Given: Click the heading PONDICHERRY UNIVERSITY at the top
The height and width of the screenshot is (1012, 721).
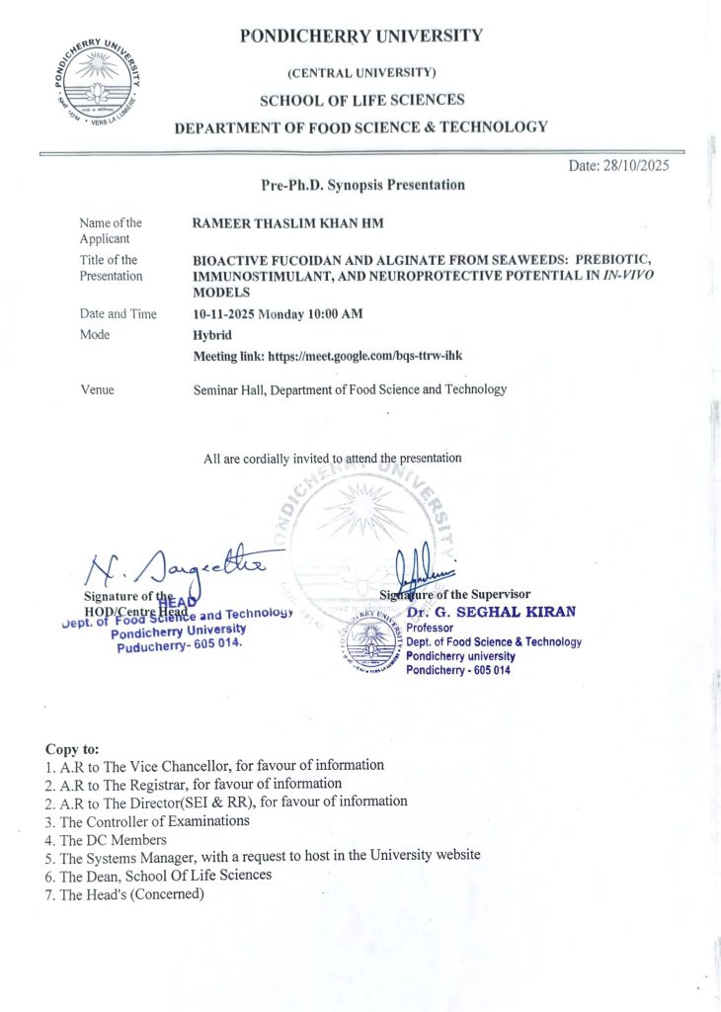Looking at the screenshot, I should coord(360,37).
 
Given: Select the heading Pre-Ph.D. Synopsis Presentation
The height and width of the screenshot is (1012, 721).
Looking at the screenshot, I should coord(359,185).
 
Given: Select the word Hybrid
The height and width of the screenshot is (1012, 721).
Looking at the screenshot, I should coord(211,335).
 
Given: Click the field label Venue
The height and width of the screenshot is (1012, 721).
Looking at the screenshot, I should coord(97,389).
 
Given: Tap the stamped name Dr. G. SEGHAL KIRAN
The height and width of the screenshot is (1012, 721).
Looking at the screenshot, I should coord(491,612).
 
